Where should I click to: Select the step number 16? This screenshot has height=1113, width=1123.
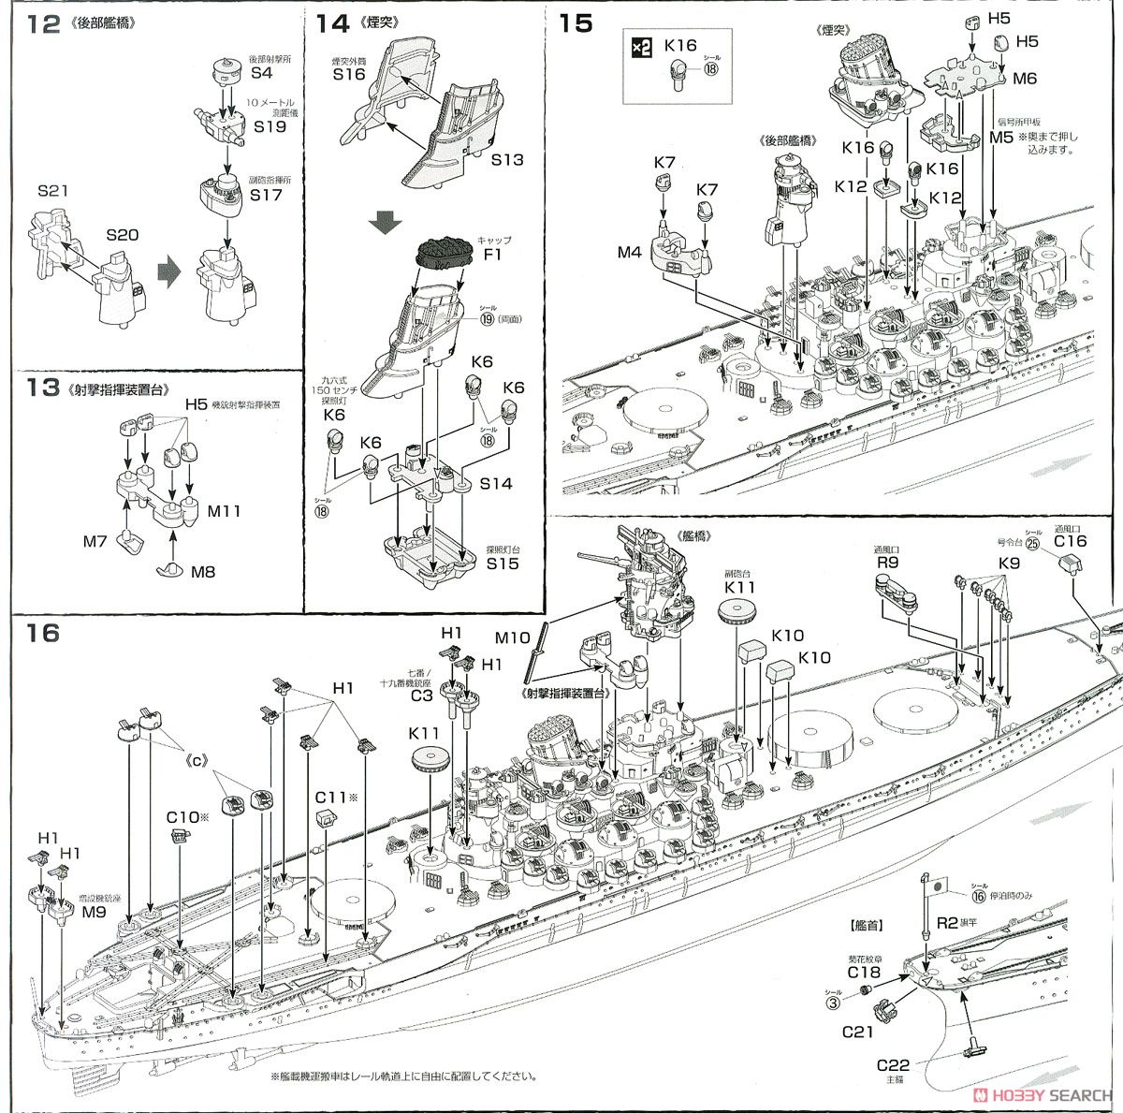[43, 634]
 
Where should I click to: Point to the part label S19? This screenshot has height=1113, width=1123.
[269, 125]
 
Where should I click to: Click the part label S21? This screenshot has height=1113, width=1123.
[54, 191]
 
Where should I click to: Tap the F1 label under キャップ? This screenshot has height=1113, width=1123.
[492, 254]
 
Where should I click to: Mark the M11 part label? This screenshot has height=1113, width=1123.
[225, 511]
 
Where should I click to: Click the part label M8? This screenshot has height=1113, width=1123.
[203, 571]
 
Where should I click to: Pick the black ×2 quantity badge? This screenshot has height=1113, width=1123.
[641, 46]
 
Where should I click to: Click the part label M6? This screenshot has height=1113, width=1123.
[1025, 79]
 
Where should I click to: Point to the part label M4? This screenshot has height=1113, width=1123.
[629, 252]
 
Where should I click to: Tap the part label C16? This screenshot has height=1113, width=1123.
[1071, 540]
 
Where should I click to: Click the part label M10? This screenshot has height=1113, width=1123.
[512, 638]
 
